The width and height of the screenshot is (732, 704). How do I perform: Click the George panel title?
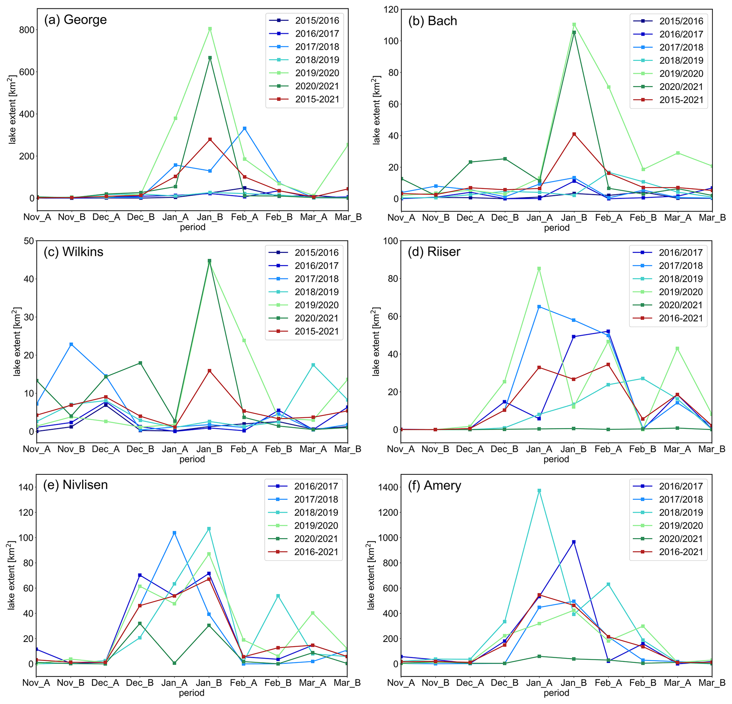pos(75,19)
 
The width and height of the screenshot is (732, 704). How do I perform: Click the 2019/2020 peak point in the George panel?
pos(210,29)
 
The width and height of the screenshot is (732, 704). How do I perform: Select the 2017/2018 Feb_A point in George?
pos(245,129)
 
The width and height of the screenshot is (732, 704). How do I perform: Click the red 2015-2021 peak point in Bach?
pos(574,134)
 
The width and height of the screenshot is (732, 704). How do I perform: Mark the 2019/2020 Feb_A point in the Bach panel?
pos(609,87)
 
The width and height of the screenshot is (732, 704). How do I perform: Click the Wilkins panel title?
pos(74,252)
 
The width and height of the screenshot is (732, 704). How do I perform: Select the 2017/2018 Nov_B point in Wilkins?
pos(71,344)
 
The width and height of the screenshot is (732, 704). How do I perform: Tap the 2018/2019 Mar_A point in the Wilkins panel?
pos(313,365)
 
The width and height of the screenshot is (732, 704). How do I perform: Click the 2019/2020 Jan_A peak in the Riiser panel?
pos(539,268)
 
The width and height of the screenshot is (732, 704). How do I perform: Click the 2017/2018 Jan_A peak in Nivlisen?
pos(174,533)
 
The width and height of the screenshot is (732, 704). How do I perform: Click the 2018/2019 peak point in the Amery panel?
pos(539,491)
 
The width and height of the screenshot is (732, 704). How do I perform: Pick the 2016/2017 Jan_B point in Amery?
pos(574,542)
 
